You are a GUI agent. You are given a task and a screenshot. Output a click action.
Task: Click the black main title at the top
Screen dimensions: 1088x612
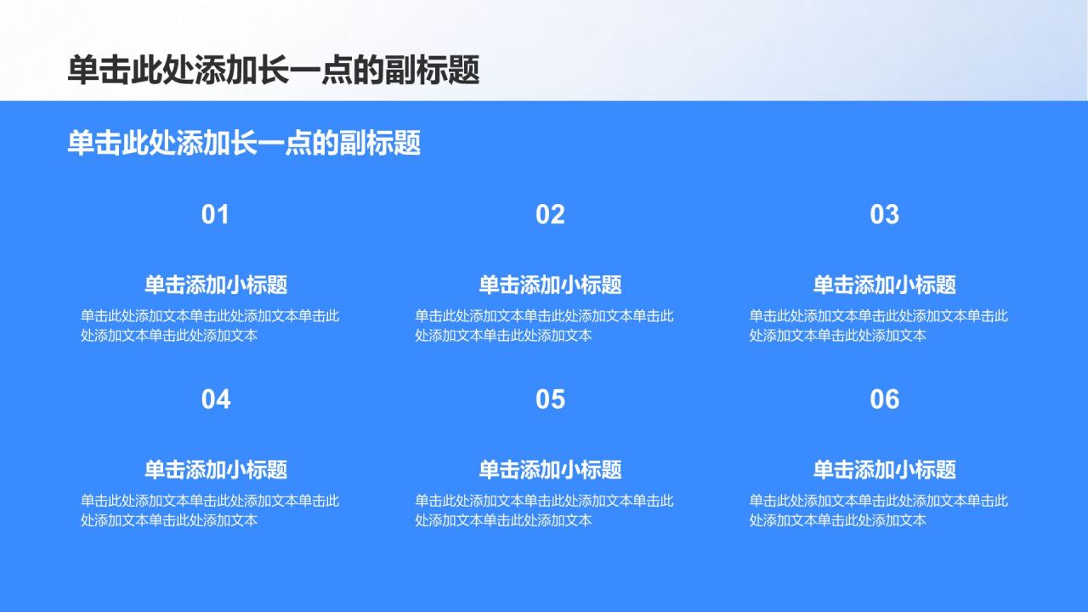[274, 71]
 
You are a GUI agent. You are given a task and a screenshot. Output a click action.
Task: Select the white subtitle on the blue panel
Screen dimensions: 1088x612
[244, 144]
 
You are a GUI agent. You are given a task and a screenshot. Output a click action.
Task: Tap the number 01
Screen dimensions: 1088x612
[215, 215]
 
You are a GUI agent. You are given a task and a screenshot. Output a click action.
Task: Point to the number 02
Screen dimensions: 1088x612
[550, 215]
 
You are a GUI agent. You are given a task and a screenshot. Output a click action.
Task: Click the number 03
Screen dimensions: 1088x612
[884, 215]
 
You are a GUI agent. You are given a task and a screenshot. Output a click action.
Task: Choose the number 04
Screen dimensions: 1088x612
[216, 399]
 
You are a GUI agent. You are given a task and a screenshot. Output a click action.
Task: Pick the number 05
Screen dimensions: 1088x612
[550, 399]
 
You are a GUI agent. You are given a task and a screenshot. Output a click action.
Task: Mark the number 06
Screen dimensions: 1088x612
[884, 399]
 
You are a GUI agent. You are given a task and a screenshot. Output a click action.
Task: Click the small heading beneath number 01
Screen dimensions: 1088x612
[216, 285]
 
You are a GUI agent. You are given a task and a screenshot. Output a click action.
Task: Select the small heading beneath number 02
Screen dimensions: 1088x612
[550, 285]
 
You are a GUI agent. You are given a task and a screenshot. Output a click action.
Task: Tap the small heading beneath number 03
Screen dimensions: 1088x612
[885, 285]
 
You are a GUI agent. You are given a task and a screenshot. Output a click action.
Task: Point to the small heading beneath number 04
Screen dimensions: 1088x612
[216, 470]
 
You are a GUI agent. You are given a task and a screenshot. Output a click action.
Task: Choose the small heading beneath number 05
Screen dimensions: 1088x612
[550, 470]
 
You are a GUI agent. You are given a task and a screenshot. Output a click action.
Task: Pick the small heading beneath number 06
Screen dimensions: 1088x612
[885, 470]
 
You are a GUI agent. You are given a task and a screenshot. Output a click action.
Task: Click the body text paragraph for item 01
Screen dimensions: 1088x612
[210, 326]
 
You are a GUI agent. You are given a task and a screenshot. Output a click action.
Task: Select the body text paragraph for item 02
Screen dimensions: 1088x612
[544, 326]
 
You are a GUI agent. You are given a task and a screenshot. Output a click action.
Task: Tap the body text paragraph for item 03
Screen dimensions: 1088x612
[878, 326]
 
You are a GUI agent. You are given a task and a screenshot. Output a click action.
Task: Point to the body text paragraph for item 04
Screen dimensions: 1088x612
[210, 511]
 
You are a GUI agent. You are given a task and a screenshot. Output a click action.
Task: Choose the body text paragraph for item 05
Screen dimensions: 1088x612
[544, 511]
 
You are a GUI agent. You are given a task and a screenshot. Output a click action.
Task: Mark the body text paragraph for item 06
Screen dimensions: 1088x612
[878, 511]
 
